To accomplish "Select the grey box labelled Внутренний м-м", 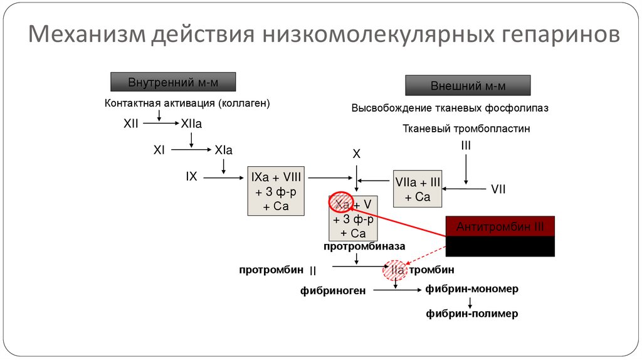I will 173,82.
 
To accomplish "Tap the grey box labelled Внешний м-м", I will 468,85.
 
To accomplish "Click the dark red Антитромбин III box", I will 500,226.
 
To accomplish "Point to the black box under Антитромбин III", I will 500,246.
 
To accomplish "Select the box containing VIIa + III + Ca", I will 417,189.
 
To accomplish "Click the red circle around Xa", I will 342,204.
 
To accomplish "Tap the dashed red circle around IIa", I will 396,270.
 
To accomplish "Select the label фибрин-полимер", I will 472,314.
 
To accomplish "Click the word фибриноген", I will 333,290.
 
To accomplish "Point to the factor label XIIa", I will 191,124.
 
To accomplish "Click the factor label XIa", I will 223,151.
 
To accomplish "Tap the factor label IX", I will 191,177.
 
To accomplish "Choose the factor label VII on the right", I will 498,189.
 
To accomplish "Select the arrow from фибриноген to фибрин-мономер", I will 394,290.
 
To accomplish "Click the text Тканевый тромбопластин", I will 466,129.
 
